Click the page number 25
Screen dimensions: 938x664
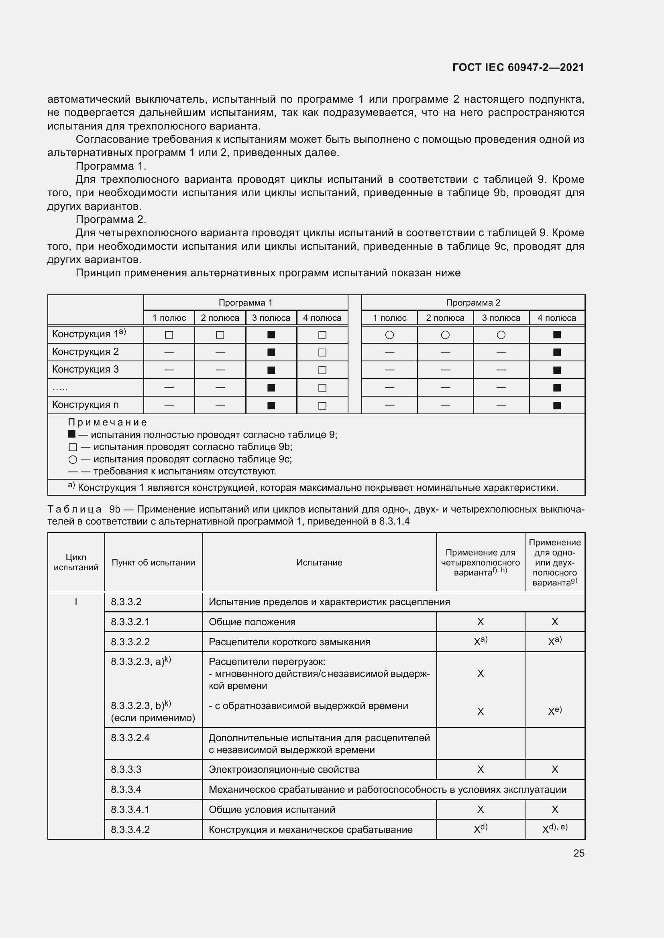pos(578,853)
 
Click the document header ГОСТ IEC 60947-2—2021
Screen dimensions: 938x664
pos(518,67)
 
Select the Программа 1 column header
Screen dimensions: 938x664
pos(245,303)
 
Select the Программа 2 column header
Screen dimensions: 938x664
pos(473,303)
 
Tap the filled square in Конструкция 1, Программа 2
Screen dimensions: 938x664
pos(556,334)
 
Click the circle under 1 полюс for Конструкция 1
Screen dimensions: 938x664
pos(389,335)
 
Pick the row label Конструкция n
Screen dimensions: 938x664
pos(85,405)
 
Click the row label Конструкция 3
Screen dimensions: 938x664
pos(85,369)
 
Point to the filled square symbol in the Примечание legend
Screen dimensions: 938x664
pos(71,434)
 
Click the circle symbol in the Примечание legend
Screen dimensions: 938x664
pos(73,460)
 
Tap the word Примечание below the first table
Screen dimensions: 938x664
pos(107,422)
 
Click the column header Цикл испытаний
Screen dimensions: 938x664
pos(76,562)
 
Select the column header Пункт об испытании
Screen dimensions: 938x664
pos(153,563)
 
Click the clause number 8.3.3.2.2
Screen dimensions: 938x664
pos(130,642)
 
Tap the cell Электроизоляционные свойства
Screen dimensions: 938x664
pos(284,770)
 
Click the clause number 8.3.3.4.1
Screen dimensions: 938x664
pos(130,810)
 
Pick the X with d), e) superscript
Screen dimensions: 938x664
pos(554,829)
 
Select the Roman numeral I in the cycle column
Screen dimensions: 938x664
pos(76,602)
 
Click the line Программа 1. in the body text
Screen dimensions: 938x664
pos(111,166)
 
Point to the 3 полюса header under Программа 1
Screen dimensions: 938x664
pos(271,318)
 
